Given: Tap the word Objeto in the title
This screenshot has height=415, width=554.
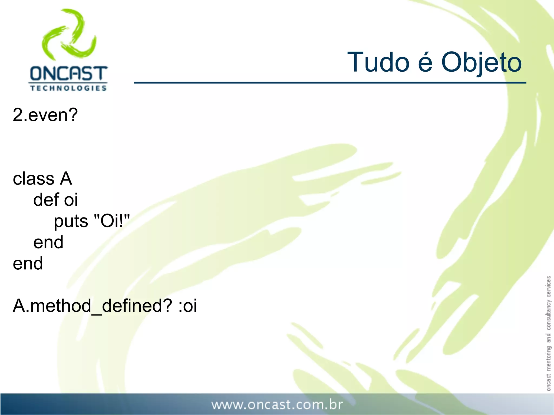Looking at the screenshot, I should coord(481,63).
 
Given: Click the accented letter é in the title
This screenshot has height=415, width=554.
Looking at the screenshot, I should coord(425,62).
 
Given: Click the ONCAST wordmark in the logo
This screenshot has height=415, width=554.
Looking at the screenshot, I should coord(68,73).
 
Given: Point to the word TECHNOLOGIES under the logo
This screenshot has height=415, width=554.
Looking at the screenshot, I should coord(68,88).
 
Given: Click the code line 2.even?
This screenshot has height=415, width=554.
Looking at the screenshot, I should coord(45,115).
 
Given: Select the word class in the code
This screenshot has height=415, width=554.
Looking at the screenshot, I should coord(34,179).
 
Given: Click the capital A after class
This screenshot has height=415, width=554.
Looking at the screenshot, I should coord(66,179).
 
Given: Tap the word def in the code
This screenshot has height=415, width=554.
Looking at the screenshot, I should coord(46,200).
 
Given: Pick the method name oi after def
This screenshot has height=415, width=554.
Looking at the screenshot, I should coord(71,200).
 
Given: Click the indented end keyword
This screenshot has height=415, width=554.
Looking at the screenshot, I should coord(48,242).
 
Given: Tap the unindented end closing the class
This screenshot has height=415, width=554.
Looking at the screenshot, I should coord(28,263).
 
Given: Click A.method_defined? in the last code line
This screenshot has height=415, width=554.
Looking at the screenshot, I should coord(92,306).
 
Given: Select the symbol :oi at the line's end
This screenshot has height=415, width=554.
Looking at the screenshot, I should coord(188,306).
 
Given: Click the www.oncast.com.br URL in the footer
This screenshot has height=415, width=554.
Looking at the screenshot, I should coord(277,405).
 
